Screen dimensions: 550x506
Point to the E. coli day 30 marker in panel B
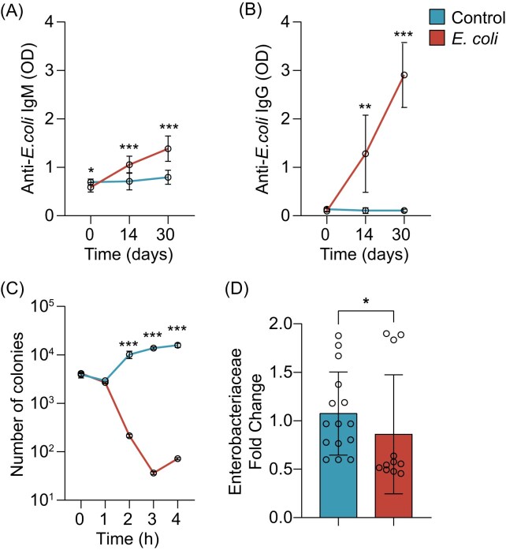click(404, 76)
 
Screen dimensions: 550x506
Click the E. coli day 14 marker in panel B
click(365, 154)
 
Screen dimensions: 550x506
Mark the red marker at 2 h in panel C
click(128, 436)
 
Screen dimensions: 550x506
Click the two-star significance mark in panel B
click(365, 106)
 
